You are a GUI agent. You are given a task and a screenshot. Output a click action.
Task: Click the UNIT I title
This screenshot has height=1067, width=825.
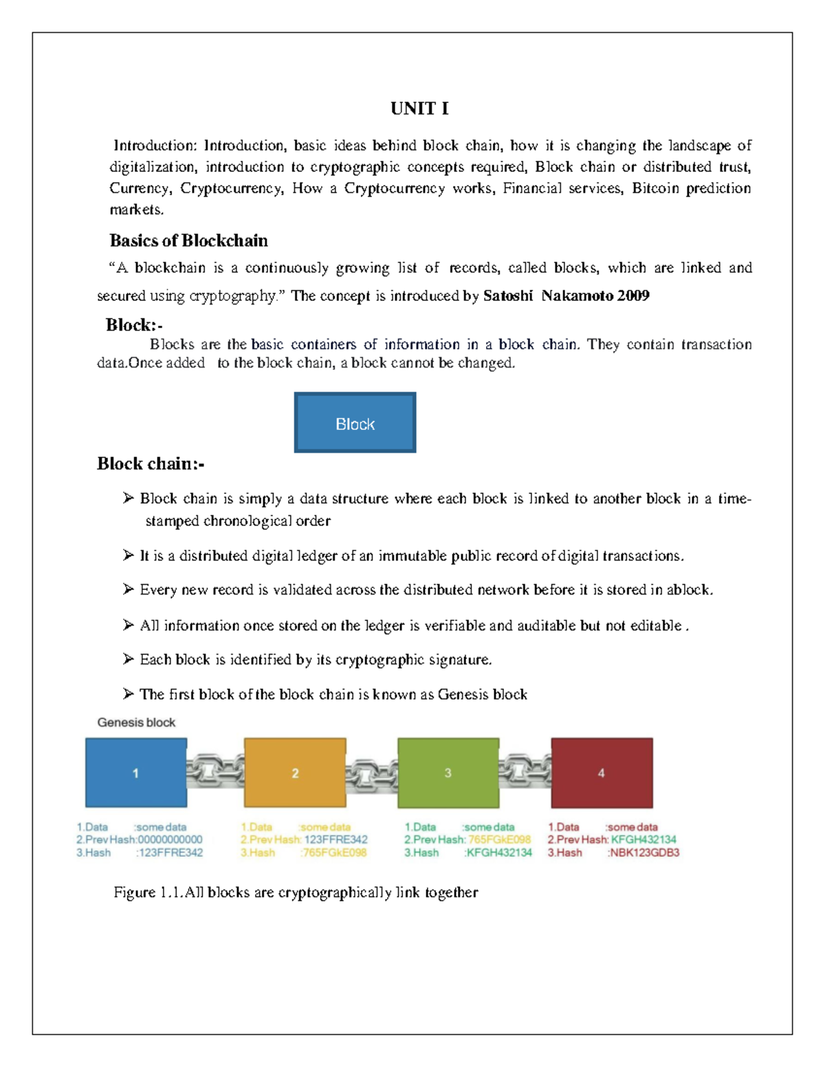coord(419,109)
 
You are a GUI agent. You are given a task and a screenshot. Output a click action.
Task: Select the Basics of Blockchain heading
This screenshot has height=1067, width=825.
coord(188,240)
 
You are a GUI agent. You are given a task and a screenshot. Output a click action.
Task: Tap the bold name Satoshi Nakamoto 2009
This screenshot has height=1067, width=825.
coord(566,296)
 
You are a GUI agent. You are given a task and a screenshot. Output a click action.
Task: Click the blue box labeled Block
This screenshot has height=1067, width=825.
coord(355,423)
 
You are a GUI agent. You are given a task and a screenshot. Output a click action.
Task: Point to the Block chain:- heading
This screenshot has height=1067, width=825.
coord(151,464)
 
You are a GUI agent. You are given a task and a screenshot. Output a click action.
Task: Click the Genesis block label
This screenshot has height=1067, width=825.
coord(136,722)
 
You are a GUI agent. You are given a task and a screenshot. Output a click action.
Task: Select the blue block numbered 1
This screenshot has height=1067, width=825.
coord(136,772)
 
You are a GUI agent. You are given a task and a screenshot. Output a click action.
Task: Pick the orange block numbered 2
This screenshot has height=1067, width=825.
coord(295,772)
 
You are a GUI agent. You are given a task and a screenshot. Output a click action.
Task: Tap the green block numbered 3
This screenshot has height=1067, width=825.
coord(448,772)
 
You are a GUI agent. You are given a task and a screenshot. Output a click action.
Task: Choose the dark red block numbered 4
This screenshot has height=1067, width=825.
coord(602,772)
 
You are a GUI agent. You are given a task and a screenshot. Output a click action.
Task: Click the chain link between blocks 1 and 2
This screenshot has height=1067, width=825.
coord(215,771)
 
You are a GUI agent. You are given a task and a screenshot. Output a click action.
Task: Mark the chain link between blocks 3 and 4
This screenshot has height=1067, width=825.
coord(525,771)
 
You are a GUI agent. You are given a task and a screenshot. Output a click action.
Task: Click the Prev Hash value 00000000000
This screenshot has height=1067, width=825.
coord(170,840)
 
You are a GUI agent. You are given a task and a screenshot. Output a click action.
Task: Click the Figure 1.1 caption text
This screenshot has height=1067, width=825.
coord(296,892)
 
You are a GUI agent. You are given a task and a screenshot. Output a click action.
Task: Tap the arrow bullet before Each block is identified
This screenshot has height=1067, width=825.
coord(129,659)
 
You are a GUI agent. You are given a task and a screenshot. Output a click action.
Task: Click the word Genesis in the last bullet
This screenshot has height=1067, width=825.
coord(463,695)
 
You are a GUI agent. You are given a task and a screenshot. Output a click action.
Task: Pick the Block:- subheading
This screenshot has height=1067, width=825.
coord(134,325)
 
